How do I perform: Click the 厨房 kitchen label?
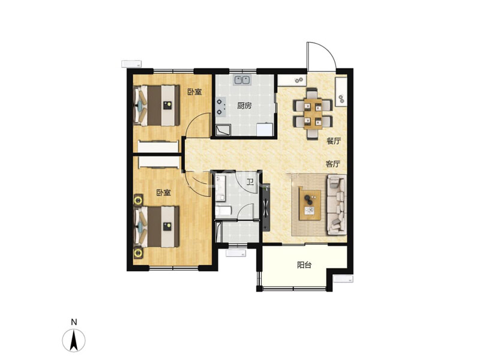coord(245,106)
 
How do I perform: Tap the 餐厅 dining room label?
coord(334,141)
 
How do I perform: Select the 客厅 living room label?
coord(333,164)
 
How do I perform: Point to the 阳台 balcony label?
coord(304,265)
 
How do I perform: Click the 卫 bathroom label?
coord(250,183)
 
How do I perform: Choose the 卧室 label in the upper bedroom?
coord(194,92)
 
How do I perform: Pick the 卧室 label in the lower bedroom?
coord(163,193)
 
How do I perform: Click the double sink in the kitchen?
coord(242,80)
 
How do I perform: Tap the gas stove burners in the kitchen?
coord(220,107)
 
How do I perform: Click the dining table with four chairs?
coord(313,114)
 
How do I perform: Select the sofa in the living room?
coord(337,205)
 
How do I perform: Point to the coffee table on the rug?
coord(310,203)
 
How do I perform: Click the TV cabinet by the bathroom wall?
coord(266,207)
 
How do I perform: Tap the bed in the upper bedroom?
coord(157,106)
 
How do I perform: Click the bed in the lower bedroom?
coord(157,227)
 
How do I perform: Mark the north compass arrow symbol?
coord(74,340)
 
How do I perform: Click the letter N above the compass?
coord(74,322)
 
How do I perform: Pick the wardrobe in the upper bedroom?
coord(158,146)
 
